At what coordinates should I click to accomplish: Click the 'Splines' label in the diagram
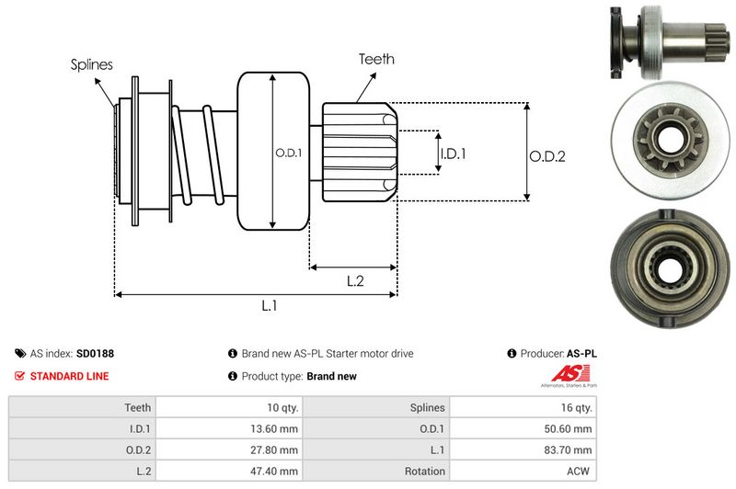pos(91,64)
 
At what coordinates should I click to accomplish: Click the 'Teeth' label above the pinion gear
pos(376,59)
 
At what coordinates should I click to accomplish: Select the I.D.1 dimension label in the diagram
pos(453,154)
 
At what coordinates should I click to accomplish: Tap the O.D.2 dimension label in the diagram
pos(546,156)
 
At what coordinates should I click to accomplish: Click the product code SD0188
pos(95,353)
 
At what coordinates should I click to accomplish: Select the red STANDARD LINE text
pos(69,376)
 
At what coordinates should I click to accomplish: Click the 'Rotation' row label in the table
pos(424,471)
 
